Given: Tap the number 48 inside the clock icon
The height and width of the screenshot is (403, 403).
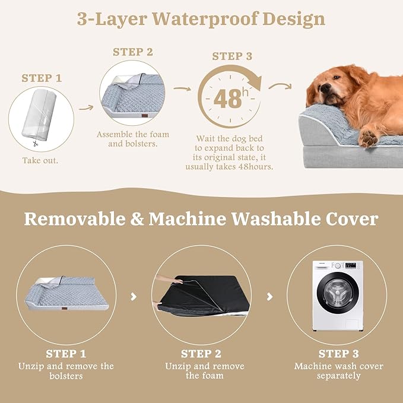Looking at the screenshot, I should pyautogui.click(x=227, y=99).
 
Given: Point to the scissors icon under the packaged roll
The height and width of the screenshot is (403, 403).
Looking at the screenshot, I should pyautogui.click(x=36, y=142).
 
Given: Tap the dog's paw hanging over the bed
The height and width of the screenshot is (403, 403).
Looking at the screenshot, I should pyautogui.click(x=369, y=138).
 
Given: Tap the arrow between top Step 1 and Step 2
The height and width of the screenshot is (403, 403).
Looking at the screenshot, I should pyautogui.click(x=86, y=108).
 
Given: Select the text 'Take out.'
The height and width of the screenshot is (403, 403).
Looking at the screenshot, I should pyautogui.click(x=40, y=160).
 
